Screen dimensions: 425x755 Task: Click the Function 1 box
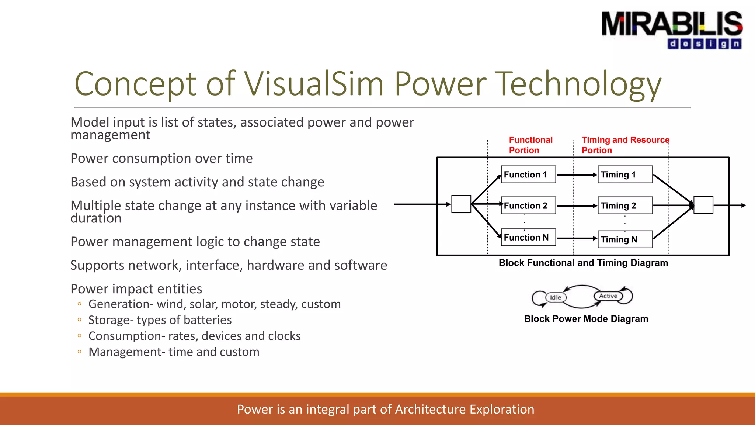click(528, 175)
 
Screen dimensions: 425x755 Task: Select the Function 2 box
click(528, 205)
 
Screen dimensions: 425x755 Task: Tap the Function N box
click(528, 238)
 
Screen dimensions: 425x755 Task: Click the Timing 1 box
click(625, 175)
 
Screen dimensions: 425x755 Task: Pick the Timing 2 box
click(625, 205)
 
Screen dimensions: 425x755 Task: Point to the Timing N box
click(625, 239)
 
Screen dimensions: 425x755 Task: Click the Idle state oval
click(556, 297)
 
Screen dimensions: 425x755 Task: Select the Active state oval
click(608, 296)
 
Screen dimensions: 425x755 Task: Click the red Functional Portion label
click(530, 145)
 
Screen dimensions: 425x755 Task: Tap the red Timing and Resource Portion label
click(625, 145)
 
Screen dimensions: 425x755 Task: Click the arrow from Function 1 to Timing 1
click(577, 175)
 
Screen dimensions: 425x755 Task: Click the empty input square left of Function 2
click(461, 204)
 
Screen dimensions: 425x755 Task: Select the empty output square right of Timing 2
click(703, 205)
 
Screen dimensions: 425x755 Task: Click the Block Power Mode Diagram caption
click(586, 319)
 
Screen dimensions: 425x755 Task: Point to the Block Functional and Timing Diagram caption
click(583, 263)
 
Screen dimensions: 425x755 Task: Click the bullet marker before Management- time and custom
click(79, 352)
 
